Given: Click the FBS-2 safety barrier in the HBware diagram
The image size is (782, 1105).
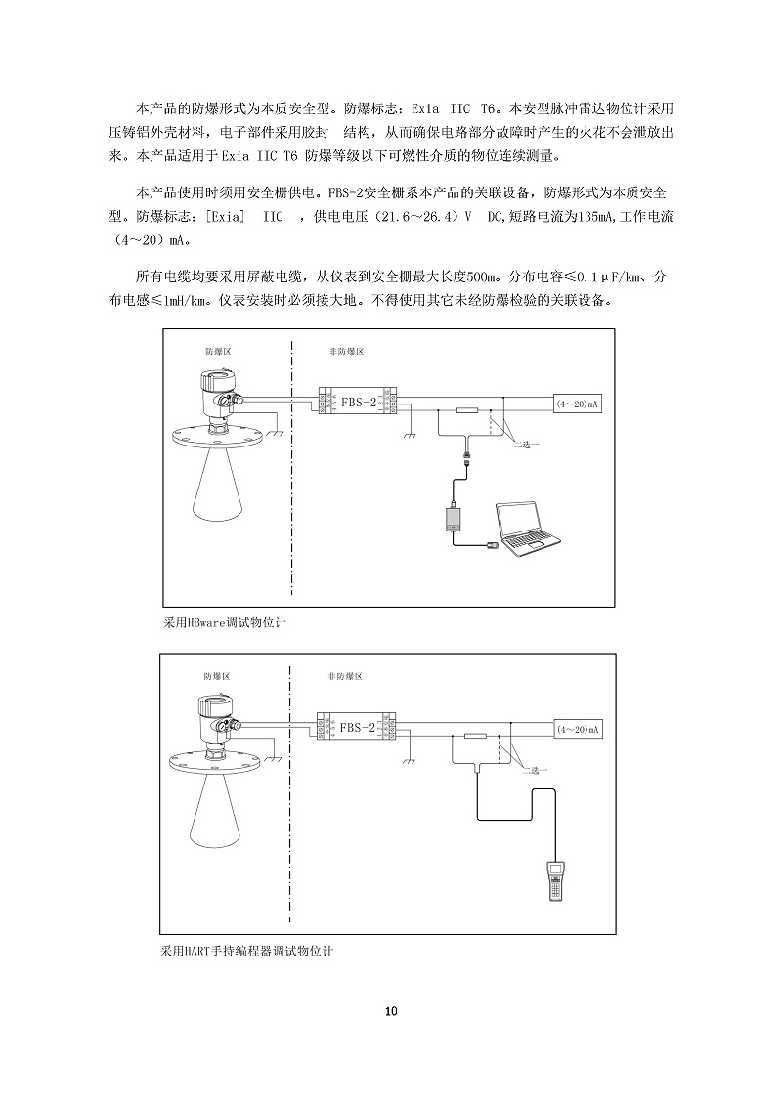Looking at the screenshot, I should coord(358,401).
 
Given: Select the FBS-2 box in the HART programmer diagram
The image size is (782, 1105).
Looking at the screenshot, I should coord(358,728).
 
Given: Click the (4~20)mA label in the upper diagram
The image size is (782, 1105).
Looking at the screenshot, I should coord(577,403).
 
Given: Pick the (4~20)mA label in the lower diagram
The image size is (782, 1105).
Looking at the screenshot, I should coord(577,730).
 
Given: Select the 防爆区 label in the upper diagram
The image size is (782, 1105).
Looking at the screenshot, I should coord(218,350).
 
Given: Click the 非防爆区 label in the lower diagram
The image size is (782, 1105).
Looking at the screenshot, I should coord(345,676).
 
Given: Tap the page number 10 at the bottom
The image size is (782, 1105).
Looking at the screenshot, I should coord(391,1011).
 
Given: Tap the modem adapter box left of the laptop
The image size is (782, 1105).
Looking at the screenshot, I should coord(456,518).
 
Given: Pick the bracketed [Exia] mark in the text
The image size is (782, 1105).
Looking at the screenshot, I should coord(224,218).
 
